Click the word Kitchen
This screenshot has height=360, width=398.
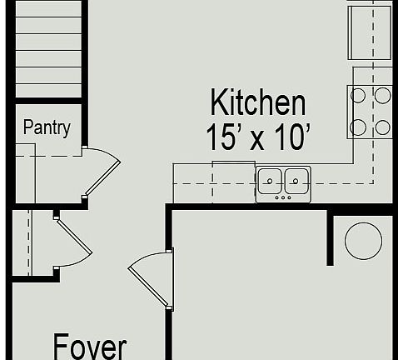[x=257, y=103]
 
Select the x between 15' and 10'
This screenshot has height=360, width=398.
[x=258, y=138]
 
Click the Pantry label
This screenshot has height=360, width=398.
[x=47, y=127]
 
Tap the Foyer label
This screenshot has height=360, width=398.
[x=90, y=347]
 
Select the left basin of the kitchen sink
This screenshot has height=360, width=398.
[x=270, y=179]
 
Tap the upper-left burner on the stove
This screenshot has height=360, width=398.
[x=358, y=95]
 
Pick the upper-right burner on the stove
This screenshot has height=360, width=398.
[x=382, y=95]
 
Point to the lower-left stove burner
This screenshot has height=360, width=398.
[x=358, y=127]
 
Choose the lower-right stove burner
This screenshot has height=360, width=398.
[x=382, y=127]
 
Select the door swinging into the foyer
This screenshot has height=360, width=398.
[x=150, y=279]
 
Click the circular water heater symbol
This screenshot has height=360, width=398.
[x=363, y=240]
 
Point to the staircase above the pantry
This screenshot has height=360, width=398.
[x=48, y=50]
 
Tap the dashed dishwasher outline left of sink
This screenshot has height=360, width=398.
[x=234, y=182]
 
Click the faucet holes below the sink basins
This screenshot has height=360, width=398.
[x=283, y=197]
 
